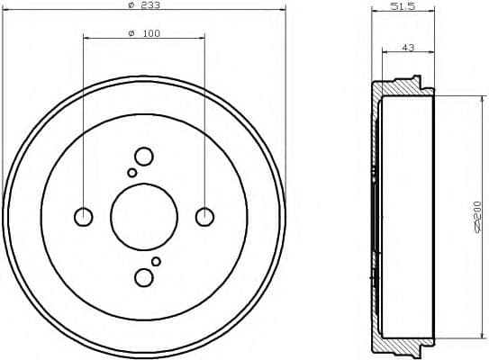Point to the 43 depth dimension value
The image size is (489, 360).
tap(408, 48)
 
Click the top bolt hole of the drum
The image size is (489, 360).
tap(143, 156)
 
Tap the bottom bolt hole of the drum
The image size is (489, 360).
tap(143, 276)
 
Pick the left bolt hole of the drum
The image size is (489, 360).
tap(83, 216)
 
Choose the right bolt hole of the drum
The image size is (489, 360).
tap(204, 216)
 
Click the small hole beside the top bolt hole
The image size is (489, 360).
tap(132, 172)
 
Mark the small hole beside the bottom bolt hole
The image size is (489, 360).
tap(156, 261)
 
